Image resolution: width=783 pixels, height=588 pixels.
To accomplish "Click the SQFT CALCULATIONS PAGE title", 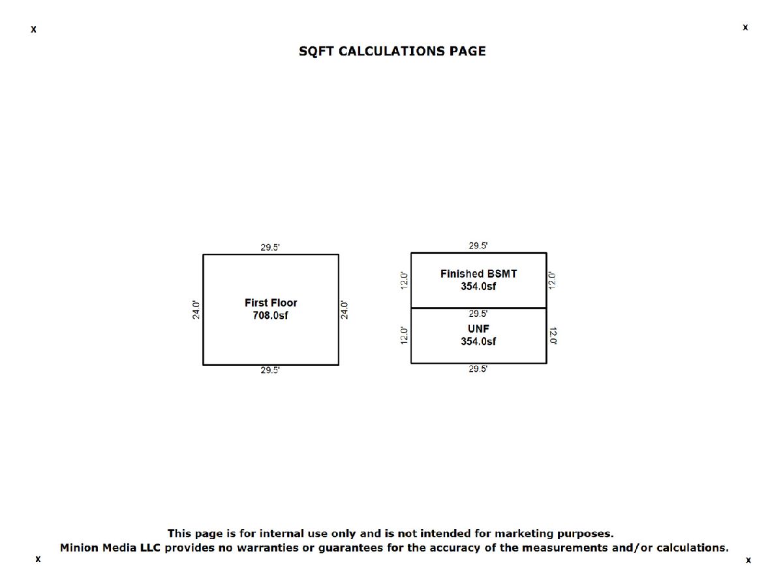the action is point(392,52).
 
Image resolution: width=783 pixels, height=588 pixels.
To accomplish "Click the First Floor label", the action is point(271,302).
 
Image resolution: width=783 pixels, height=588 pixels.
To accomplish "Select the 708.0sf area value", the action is point(270,316).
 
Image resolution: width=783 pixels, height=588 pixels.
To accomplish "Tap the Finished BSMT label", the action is point(478,274).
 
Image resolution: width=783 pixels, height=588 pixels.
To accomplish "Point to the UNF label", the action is point(478,329).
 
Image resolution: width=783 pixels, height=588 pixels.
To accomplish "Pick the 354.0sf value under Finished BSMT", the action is point(478,286).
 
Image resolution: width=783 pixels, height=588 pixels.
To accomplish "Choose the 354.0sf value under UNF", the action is point(478,341).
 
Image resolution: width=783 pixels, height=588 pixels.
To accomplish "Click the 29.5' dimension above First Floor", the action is point(270,247).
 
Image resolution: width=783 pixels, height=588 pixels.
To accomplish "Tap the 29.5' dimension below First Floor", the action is point(270,370).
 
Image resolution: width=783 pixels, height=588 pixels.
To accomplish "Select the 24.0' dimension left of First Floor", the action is point(196,310).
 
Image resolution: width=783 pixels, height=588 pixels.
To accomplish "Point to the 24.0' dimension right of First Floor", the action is point(344,310).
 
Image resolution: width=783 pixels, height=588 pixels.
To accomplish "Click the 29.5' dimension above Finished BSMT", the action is point(478,246).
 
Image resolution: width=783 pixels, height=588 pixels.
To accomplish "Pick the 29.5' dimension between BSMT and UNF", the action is point(478,314).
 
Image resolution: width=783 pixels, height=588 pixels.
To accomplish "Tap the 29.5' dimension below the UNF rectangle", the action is point(478,368).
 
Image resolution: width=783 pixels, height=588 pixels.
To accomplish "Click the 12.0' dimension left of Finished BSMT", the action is point(404,281).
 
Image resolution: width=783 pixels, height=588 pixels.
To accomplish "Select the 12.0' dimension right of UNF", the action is point(553,336).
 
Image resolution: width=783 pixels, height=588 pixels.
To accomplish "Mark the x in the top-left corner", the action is point(33,29).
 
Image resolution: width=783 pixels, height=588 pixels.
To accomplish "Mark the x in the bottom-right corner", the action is point(748,561).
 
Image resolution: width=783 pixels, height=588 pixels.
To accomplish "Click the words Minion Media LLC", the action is point(110,547).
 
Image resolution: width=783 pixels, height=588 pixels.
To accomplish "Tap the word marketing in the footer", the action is point(524,534).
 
